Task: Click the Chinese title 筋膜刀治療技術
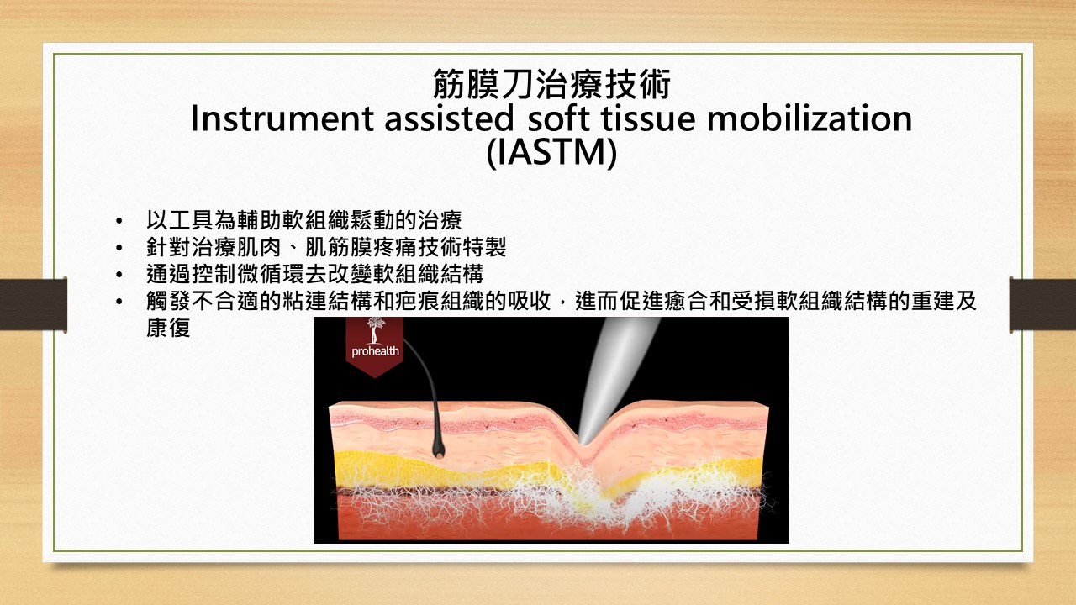click(x=551, y=84)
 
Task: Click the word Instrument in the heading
click(x=282, y=118)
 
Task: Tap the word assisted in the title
click(x=449, y=118)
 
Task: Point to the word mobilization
click(x=810, y=118)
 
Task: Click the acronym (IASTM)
click(x=551, y=153)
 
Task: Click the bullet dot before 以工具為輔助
click(x=119, y=221)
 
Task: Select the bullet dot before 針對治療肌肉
click(x=119, y=248)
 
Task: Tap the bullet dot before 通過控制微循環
click(x=119, y=275)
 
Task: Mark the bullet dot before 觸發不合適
click(x=119, y=302)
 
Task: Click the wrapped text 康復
click(x=168, y=328)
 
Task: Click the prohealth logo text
click(x=375, y=351)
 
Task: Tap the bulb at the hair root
click(x=438, y=450)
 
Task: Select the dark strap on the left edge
click(x=33, y=304)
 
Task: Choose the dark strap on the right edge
click(x=1042, y=304)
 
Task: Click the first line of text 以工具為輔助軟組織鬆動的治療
click(x=303, y=221)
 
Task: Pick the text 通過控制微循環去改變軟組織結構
click(x=314, y=275)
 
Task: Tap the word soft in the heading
click(x=558, y=118)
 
